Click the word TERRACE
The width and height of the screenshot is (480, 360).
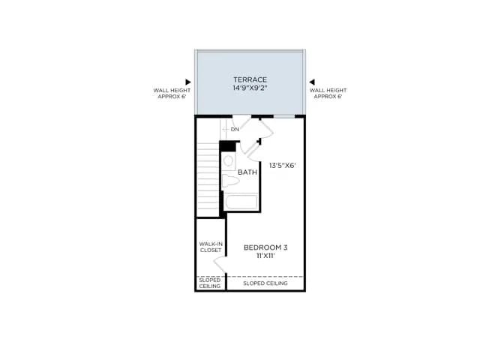pos(250,79)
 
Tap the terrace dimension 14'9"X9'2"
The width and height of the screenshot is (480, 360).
pos(250,88)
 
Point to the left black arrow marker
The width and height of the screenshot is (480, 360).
pos(188,82)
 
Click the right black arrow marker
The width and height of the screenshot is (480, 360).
pos(312,82)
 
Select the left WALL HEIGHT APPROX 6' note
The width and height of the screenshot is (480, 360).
pos(172,93)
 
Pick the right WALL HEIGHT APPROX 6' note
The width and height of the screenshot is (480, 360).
pos(328,93)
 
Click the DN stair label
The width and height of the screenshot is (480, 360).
pos(235,130)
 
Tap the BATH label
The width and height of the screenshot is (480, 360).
pos(247,172)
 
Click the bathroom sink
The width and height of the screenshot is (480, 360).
pos(228,161)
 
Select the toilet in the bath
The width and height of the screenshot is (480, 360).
pos(230,181)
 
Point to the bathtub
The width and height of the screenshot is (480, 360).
pos(241,202)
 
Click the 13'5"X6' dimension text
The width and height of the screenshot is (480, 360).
pos(282,166)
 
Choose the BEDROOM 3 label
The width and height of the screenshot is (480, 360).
pos(265,247)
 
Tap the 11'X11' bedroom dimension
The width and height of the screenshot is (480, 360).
pos(265,256)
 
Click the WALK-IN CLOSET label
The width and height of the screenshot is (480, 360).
pos(211,247)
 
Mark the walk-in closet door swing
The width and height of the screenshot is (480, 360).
pos(220,264)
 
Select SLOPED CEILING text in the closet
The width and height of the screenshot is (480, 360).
pos(210,283)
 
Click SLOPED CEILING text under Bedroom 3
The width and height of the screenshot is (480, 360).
pos(265,283)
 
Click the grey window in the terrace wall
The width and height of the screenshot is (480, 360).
pos(284,116)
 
